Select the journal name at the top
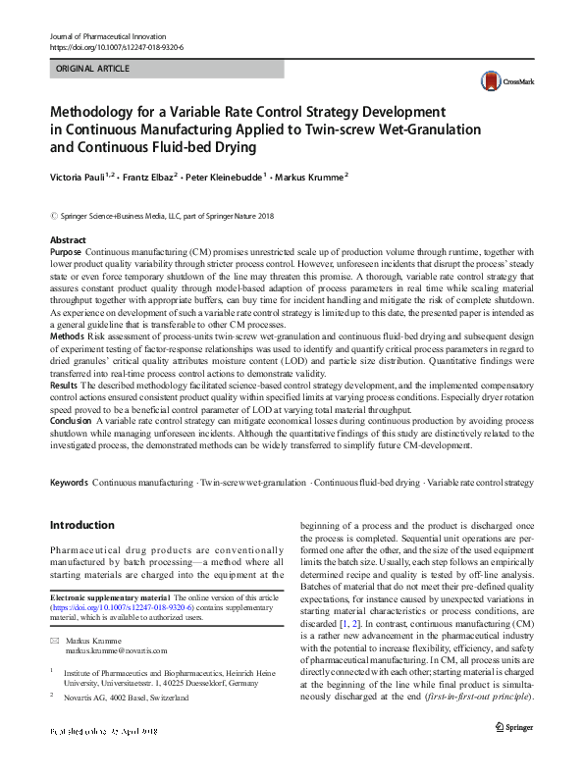108,35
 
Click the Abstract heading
68,239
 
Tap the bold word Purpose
67,252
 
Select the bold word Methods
68,336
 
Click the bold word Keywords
69,483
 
